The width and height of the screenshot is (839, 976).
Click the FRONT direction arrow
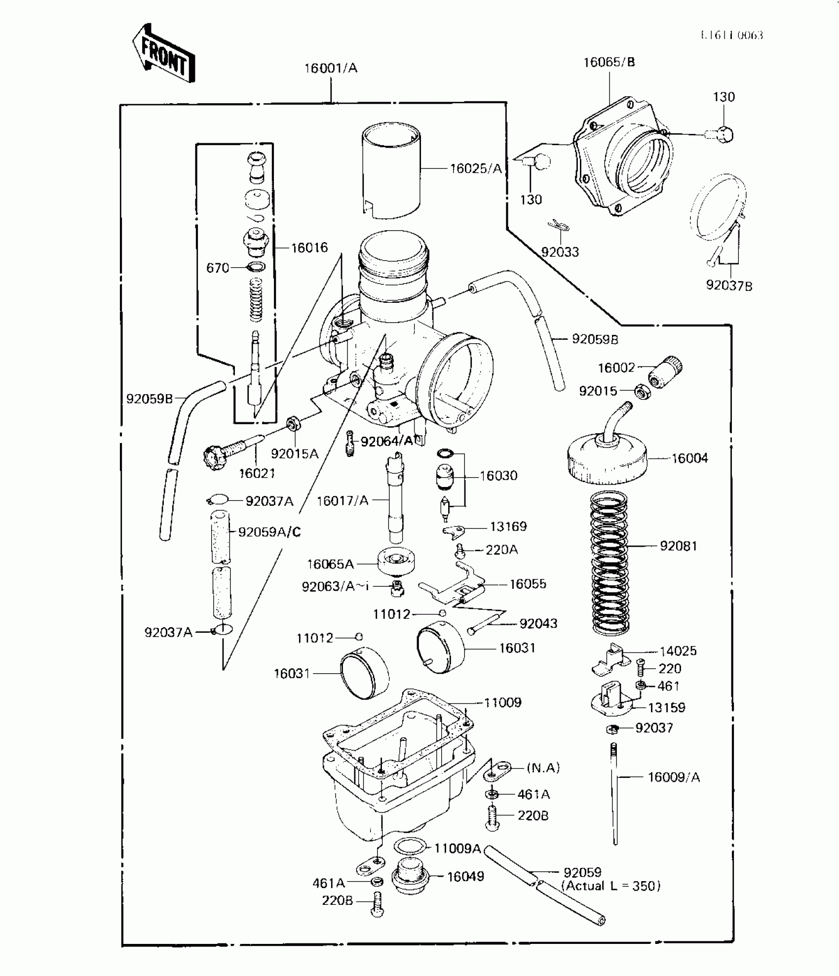(x=163, y=53)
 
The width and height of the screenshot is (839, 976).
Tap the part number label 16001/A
(x=330, y=68)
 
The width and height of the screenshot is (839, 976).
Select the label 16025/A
(x=476, y=169)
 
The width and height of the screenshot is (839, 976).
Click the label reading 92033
(x=560, y=252)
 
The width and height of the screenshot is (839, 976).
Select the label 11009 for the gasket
(x=502, y=702)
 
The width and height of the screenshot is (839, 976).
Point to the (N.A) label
(x=543, y=768)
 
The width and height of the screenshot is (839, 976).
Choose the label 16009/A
(x=674, y=777)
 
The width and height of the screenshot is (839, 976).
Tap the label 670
(x=218, y=268)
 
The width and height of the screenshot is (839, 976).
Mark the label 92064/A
(x=386, y=442)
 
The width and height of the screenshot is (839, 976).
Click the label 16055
(x=528, y=584)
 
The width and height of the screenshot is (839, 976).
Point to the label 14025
(x=678, y=651)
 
